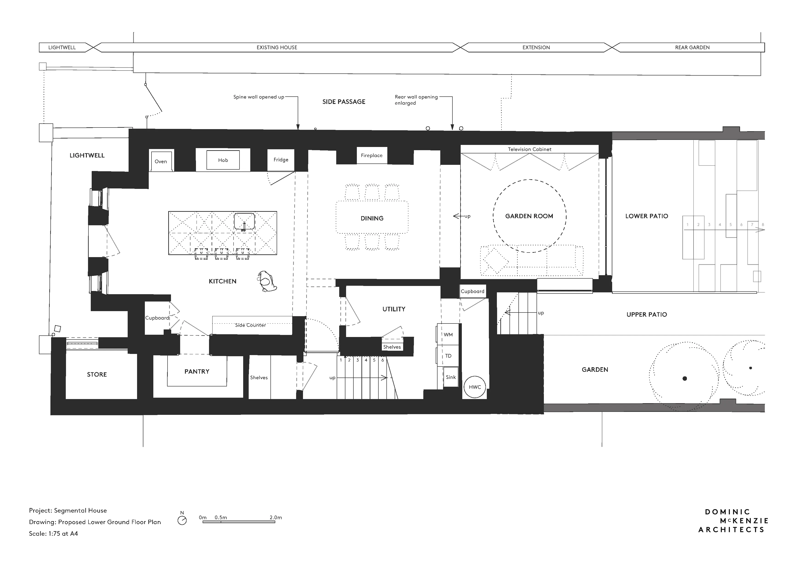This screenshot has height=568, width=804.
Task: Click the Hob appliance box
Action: tap(223, 160)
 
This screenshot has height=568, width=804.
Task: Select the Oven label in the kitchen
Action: tap(161, 162)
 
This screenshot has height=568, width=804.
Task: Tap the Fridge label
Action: tap(281, 160)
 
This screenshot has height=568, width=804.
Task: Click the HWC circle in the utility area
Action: tap(475, 387)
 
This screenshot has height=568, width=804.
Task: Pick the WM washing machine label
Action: tap(448, 335)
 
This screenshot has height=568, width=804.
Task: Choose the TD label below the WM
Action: tap(448, 356)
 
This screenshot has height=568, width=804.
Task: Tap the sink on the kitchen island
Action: tap(244, 221)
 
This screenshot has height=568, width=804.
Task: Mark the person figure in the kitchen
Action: tap(267, 282)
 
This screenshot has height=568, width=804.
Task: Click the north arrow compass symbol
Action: tap(182, 520)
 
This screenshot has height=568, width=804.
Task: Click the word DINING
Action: tap(372, 218)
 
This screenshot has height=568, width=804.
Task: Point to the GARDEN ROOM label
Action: tap(529, 216)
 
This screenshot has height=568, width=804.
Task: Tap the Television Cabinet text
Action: tap(529, 149)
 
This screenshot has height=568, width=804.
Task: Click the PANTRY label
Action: tap(197, 371)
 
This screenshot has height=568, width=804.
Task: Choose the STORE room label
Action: tap(97, 374)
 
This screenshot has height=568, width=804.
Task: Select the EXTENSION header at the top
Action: tap(536, 48)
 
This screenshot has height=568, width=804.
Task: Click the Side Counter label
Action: tap(250, 325)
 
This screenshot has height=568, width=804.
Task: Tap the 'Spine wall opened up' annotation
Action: tap(259, 97)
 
